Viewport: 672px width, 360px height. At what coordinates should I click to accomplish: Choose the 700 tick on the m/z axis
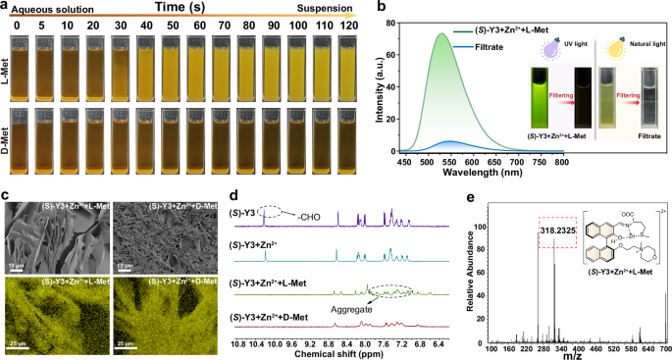(x=663, y=343)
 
